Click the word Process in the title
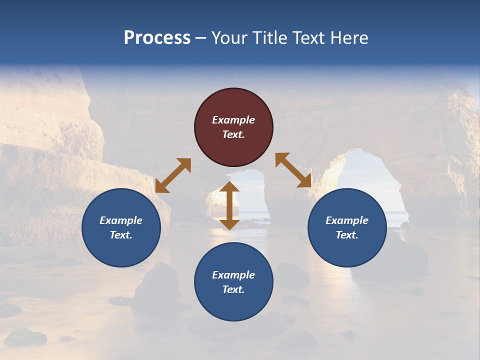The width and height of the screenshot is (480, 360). (157, 38)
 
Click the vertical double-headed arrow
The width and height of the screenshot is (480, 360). (229, 205)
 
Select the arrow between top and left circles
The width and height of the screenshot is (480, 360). (173, 175)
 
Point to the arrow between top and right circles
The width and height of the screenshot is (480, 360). (293, 170)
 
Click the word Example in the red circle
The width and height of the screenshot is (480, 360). (233, 120)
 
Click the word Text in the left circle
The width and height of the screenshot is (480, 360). (121, 235)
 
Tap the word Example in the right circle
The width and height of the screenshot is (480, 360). (346, 220)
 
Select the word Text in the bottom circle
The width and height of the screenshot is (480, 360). (233, 289)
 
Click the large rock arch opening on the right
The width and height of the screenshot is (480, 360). (372, 185)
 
